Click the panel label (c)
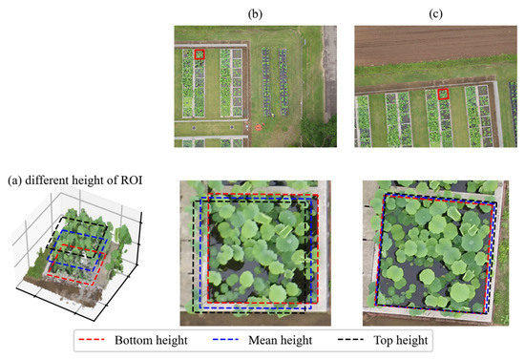pos(434,11)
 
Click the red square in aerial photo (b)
pos(199,55)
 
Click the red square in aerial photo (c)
pos(444,94)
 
